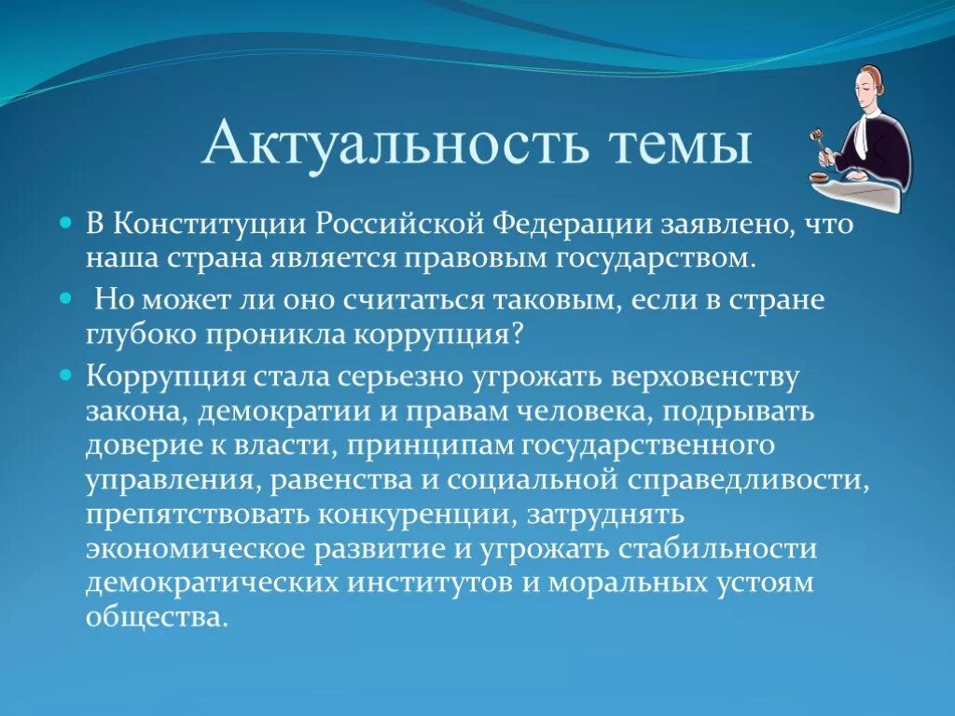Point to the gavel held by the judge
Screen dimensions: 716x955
[819, 140]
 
